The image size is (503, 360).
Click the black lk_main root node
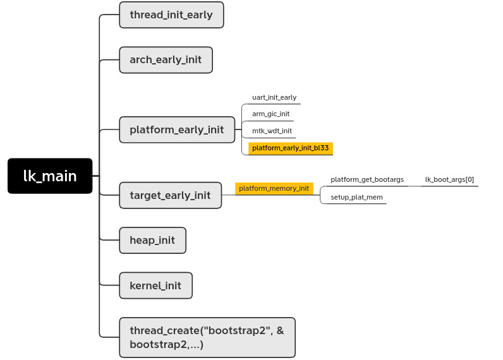50,176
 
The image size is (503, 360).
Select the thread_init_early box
171,15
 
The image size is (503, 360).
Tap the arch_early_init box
166,60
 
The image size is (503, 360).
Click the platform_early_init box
177,129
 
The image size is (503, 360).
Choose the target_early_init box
170,195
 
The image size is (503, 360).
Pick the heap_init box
152,240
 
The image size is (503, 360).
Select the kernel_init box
155,285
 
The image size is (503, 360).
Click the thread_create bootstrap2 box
207,337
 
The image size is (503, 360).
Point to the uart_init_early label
274,97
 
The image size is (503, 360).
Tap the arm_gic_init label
270,114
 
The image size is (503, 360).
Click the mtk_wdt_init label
272,131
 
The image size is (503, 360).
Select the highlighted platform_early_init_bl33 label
290,148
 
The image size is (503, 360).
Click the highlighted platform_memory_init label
274,188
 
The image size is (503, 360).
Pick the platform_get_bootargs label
367,180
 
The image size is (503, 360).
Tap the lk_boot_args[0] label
449,180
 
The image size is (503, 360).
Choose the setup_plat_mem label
356,197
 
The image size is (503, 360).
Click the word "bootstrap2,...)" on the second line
166,345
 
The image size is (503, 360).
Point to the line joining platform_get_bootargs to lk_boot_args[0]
415,186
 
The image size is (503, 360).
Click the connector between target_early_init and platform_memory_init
228,195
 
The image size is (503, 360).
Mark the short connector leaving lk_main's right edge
96,176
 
